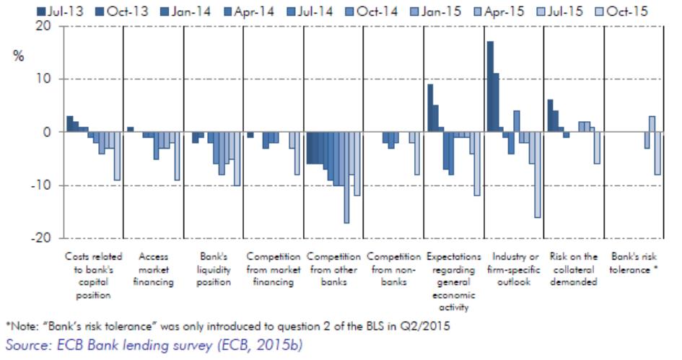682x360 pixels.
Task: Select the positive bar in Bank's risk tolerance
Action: tap(652, 124)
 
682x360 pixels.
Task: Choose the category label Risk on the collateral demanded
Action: tap(573, 269)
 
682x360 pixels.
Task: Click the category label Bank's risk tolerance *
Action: tap(634, 263)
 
